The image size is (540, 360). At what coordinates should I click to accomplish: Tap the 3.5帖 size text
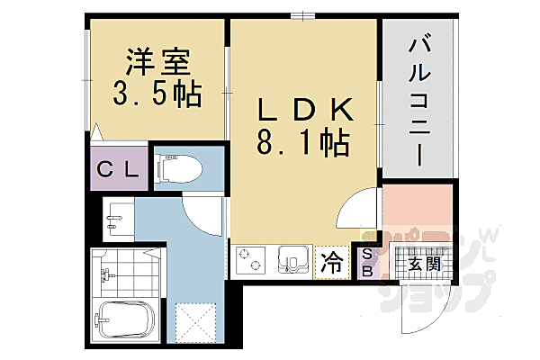pyautogui.click(x=156, y=93)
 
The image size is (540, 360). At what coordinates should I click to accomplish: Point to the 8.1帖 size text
pyautogui.click(x=304, y=144)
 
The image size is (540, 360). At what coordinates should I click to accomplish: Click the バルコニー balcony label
pyautogui.click(x=417, y=99)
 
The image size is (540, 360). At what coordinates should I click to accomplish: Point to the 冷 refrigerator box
pyautogui.click(x=332, y=263)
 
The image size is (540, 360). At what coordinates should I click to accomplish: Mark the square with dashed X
pyautogui.click(x=194, y=321)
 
